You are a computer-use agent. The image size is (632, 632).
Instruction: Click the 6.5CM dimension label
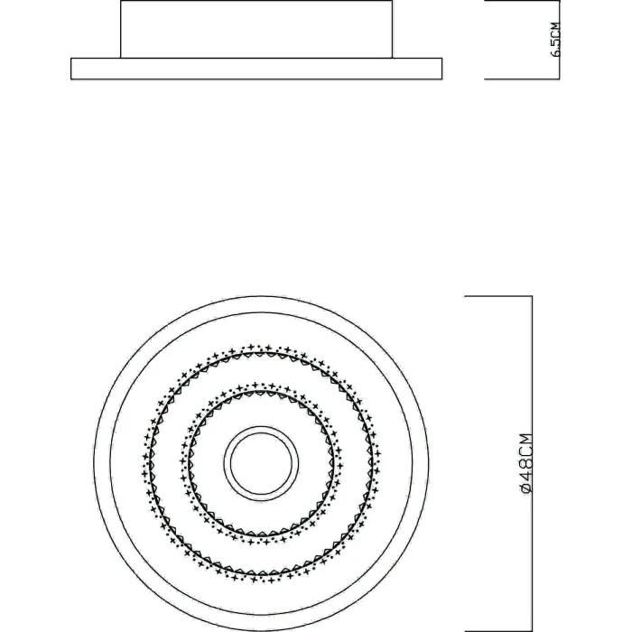[x=555, y=40]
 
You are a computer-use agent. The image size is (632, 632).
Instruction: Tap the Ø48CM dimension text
[x=526, y=463]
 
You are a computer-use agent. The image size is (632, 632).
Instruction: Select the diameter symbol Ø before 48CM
[x=526, y=488]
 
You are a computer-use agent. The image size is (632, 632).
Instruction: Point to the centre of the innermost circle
[x=261, y=463]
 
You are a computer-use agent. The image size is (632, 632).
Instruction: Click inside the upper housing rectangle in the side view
[x=256, y=29]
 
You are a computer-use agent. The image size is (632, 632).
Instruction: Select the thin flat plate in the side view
[x=256, y=69]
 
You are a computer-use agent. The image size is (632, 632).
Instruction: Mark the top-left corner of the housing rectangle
[x=121, y=1]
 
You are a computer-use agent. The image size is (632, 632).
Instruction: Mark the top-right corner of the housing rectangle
[x=392, y=1]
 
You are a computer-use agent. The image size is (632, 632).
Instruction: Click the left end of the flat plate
[x=71, y=69]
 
